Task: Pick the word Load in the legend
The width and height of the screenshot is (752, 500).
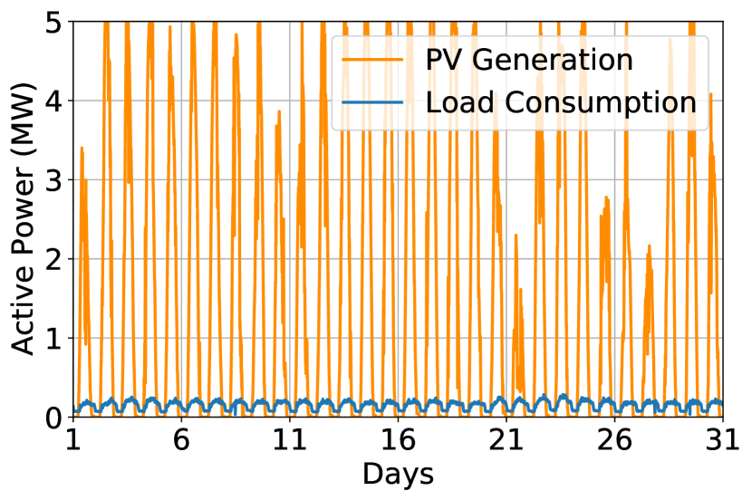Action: coord(459,102)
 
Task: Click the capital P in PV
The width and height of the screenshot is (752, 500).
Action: coord(434,60)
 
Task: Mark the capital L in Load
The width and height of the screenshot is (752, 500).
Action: coord(432,102)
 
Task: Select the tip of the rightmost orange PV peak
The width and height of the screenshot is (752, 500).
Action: coord(711,93)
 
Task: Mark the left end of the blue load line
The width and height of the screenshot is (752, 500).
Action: coord(75,410)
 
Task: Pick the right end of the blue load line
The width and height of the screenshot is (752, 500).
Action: coord(721,400)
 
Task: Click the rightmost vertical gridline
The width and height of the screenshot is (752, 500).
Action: coord(615,272)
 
